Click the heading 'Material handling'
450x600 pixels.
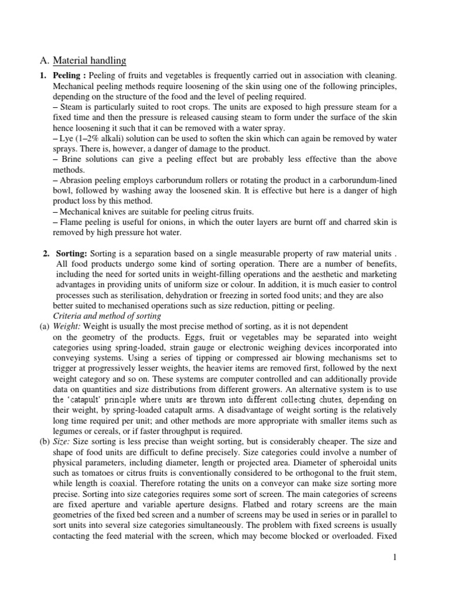click(89, 60)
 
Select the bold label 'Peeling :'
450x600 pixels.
click(70, 76)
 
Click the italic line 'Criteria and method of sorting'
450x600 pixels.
click(103, 316)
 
